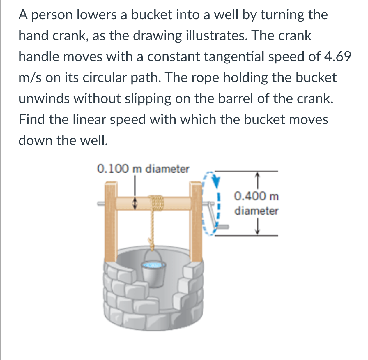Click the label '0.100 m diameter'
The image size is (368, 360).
click(x=143, y=169)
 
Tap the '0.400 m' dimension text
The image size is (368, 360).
click(x=256, y=196)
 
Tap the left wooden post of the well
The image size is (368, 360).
click(x=111, y=221)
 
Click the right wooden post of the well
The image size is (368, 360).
click(x=196, y=221)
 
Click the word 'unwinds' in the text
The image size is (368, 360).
click(x=44, y=98)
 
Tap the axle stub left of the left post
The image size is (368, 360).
click(x=101, y=203)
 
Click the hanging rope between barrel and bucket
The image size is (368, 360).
click(x=152, y=227)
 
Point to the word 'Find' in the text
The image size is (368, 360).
click(x=32, y=119)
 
